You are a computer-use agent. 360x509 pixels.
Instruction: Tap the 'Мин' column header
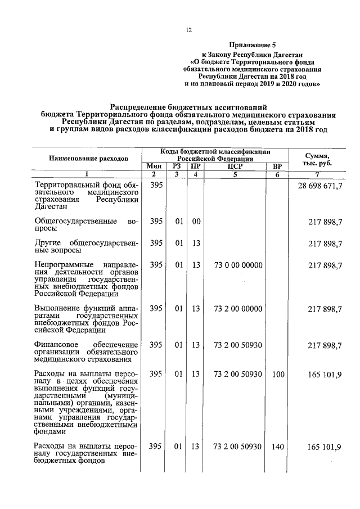click(x=154, y=166)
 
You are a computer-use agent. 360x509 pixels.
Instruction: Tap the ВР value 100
click(x=277, y=373)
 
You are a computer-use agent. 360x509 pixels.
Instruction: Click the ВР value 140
click(x=277, y=447)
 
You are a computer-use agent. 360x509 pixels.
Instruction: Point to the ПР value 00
click(x=196, y=222)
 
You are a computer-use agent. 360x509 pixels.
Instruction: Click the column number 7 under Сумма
click(x=317, y=174)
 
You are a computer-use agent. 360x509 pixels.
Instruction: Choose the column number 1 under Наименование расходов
click(x=85, y=174)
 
